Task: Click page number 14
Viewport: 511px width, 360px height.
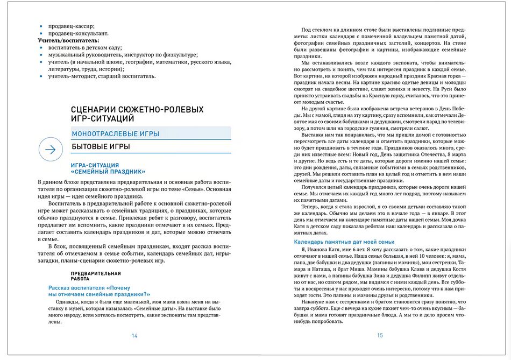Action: point(134,336)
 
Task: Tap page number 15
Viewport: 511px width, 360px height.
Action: point(380,336)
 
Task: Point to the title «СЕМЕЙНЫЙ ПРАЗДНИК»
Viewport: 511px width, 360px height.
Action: point(109,172)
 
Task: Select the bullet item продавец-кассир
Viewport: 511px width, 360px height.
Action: point(71,26)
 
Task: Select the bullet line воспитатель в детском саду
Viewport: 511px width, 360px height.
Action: point(86,47)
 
